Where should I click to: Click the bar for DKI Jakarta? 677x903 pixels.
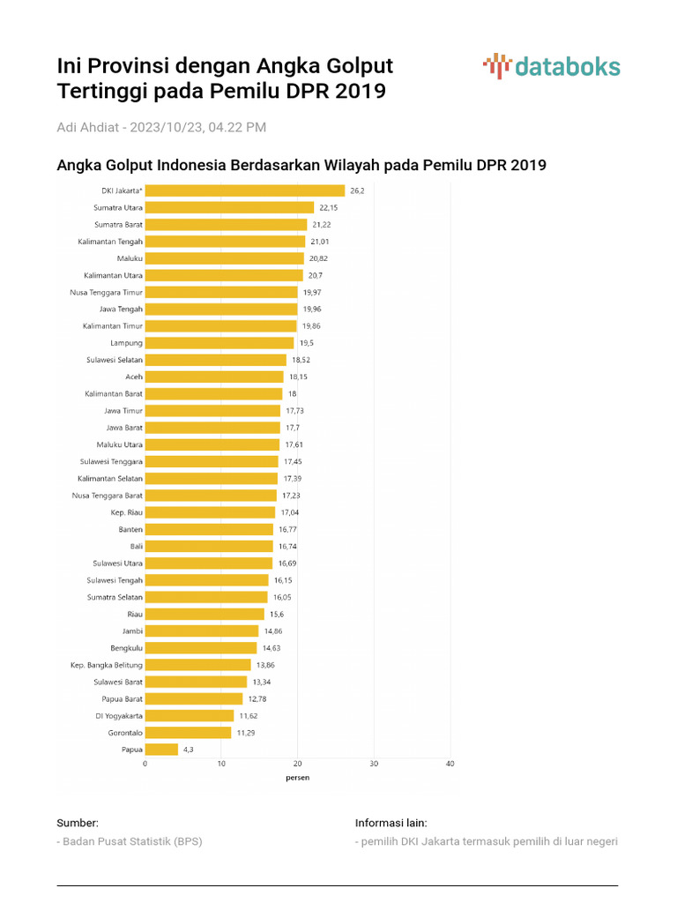(245, 190)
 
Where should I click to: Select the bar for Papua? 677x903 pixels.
(161, 750)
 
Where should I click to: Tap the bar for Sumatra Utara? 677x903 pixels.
(229, 208)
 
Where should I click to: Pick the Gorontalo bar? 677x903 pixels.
(188, 733)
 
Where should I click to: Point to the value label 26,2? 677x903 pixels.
(357, 190)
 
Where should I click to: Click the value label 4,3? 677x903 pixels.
(188, 750)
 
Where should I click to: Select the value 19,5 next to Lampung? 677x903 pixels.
(306, 343)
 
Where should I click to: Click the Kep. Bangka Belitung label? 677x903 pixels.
(107, 665)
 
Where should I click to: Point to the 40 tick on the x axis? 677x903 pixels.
(450, 764)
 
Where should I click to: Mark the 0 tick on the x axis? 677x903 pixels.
(145, 764)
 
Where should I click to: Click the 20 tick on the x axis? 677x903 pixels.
(298, 764)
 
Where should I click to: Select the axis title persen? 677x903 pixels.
(298, 778)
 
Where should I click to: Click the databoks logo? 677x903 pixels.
(552, 67)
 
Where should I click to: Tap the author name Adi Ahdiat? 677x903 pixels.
(87, 127)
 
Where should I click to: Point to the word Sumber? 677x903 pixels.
(78, 823)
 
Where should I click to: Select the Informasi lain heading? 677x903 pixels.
(391, 823)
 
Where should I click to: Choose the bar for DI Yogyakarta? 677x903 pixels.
(190, 716)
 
